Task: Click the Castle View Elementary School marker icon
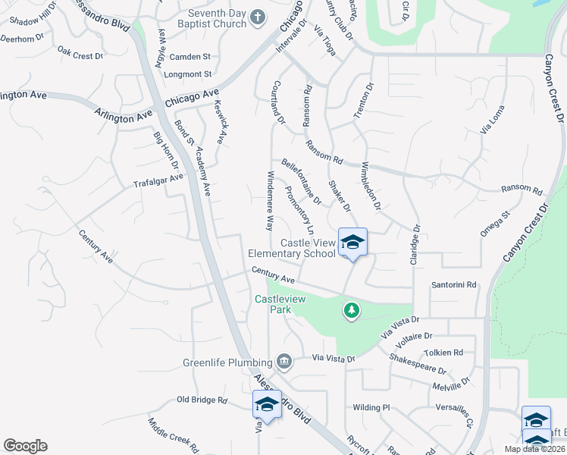point(352,243)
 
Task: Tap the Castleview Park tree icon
point(351,309)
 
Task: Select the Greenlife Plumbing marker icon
point(284,361)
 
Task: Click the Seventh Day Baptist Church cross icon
point(258,17)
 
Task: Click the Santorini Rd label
point(453,285)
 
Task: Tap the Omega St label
point(496,224)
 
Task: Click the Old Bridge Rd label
point(202,399)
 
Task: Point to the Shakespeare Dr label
point(418,364)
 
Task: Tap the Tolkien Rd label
point(443,353)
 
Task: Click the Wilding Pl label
point(371,407)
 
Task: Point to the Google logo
point(25,446)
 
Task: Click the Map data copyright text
point(534,449)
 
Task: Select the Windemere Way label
point(269,200)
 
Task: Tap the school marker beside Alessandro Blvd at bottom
point(267,405)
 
